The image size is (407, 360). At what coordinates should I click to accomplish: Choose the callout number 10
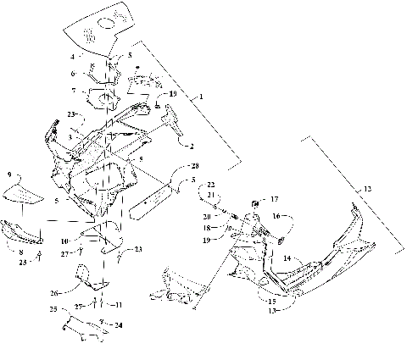coord(87,241)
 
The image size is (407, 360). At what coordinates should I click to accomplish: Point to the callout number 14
coord(287,258)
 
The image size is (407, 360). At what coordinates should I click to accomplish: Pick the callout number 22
coord(212,185)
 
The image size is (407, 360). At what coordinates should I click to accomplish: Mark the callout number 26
coord(55,294)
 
